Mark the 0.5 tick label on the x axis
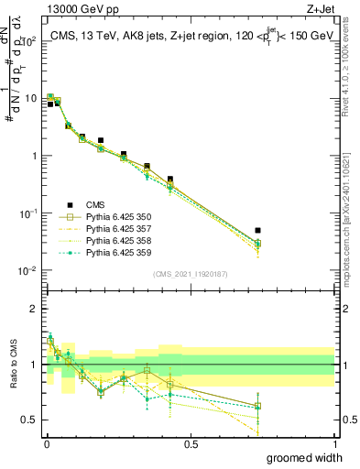(x=191, y=444)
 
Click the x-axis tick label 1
(x=334, y=444)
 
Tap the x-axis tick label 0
(x=47, y=444)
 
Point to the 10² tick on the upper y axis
(x=28, y=41)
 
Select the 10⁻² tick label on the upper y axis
(x=27, y=271)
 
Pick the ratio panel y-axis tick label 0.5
(x=31, y=420)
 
